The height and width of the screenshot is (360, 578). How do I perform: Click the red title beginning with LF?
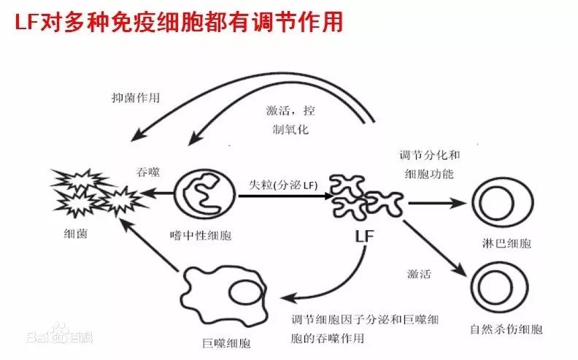point(179,21)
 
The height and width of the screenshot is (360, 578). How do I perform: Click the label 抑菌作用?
point(136,98)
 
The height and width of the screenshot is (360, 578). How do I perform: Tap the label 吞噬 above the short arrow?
point(148,172)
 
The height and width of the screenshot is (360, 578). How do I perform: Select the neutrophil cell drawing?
point(204,194)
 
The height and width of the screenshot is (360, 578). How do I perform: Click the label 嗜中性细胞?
point(201,235)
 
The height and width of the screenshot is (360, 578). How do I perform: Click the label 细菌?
point(76,234)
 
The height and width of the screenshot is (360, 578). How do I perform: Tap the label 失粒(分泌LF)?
point(283,185)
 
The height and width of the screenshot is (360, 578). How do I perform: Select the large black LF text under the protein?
point(365,236)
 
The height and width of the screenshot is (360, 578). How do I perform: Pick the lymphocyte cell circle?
point(503,203)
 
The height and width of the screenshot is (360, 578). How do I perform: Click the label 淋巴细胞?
point(506,243)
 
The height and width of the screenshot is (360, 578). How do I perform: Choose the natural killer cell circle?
point(499,288)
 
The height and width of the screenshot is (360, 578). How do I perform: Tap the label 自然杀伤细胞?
point(506,329)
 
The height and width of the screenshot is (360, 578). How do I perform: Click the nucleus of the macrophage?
point(247,292)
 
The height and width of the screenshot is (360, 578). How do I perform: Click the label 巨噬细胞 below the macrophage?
point(227,343)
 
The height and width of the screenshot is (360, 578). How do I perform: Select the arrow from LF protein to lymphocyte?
point(438,203)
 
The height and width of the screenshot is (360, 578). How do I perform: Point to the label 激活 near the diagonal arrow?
point(419,274)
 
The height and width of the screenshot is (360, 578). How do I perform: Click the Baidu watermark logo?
point(60,334)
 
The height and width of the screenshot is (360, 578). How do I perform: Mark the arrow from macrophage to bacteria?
point(150,245)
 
